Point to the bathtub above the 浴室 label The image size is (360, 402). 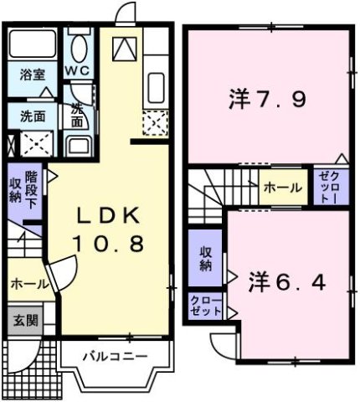click(33, 44)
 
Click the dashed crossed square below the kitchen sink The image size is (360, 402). click(157, 126)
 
